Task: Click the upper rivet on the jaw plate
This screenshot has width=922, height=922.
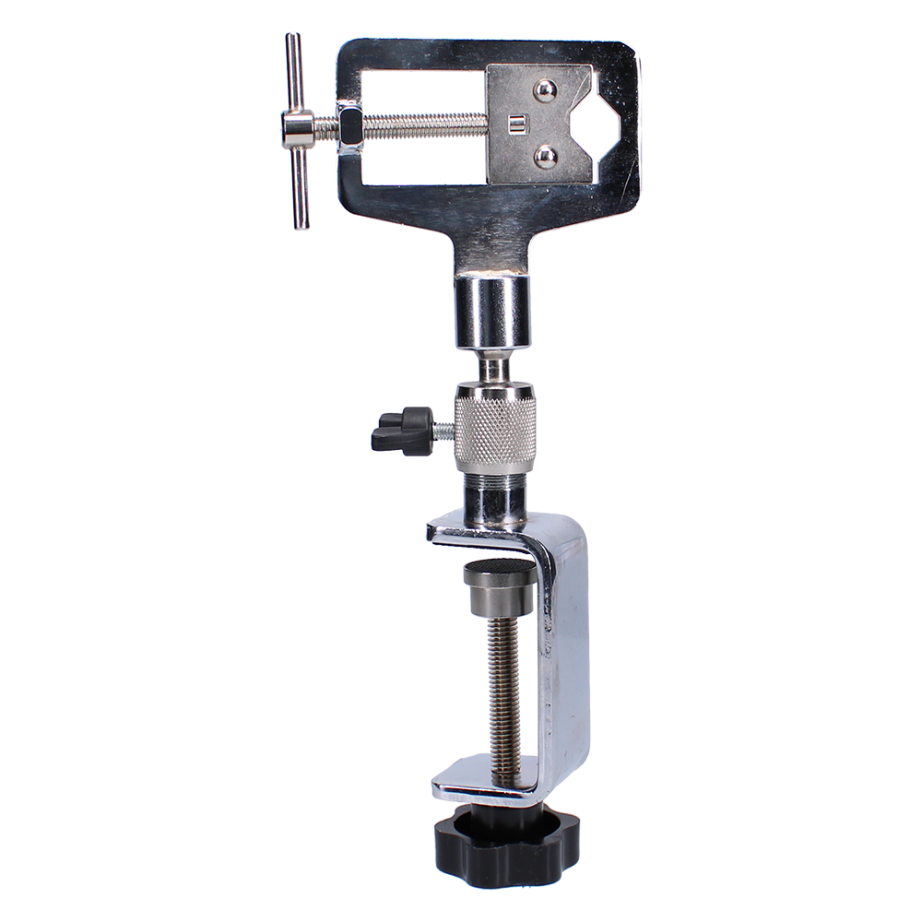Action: pos(545,90)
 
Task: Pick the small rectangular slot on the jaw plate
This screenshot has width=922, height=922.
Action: pos(516,124)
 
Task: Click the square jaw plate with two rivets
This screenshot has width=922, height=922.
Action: pos(539,124)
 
